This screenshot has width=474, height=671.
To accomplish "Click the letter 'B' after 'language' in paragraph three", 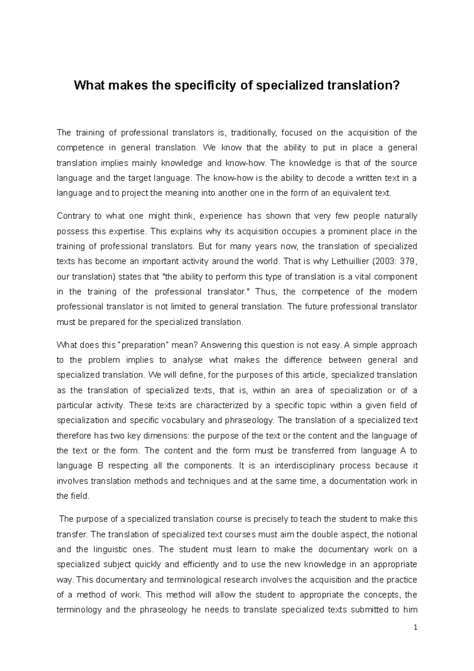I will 100,466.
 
